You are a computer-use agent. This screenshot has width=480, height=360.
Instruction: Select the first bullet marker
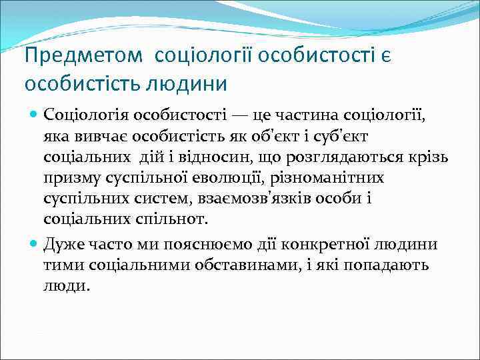35,114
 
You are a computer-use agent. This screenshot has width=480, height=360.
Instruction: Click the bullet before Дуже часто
35,244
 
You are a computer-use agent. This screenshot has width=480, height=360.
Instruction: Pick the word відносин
203,157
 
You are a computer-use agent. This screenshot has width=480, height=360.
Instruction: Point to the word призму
72,179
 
